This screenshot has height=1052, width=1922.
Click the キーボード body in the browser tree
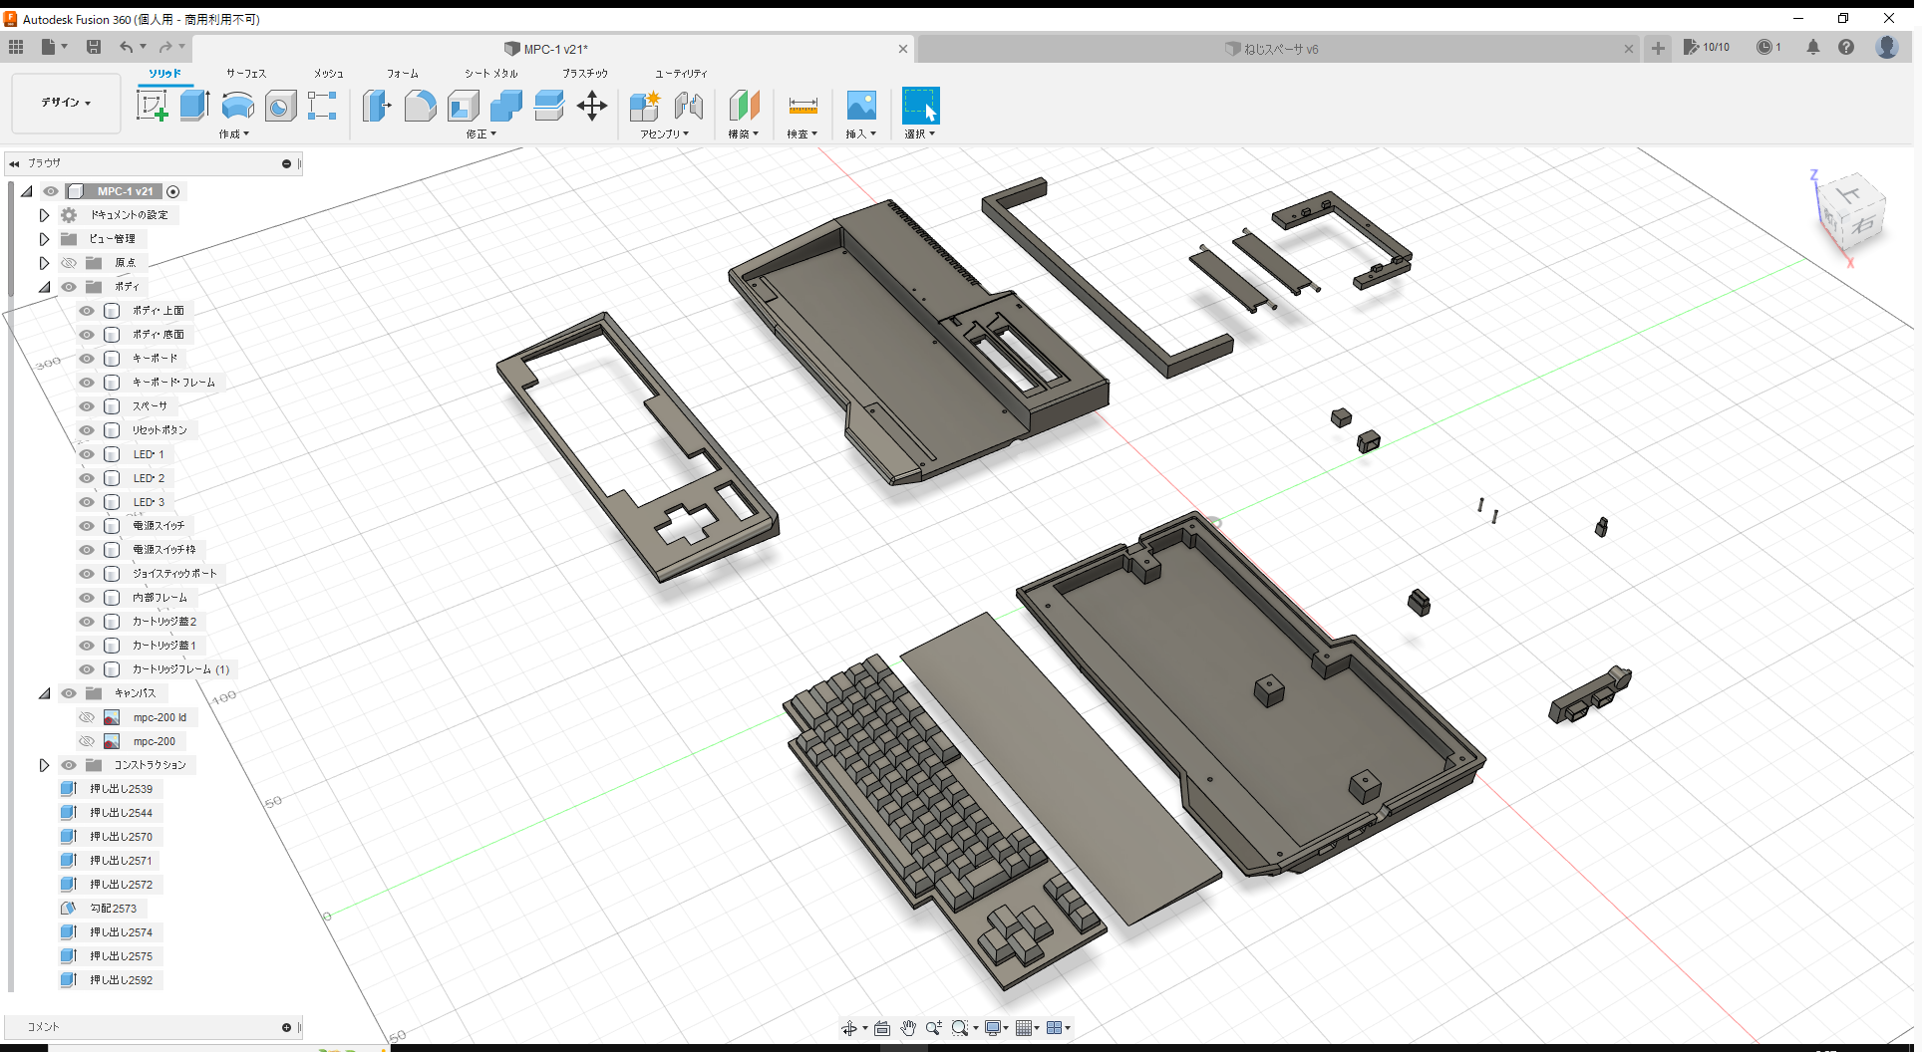pos(155,359)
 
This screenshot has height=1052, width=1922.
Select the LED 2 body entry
pos(149,478)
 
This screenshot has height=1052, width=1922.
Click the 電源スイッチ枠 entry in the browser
pos(163,550)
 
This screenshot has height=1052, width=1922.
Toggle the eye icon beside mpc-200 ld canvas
pos(87,717)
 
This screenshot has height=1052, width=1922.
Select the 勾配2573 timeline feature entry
pos(113,909)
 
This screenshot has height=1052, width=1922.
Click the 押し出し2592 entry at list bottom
pos(121,980)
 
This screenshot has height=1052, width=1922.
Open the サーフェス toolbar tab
pos(245,74)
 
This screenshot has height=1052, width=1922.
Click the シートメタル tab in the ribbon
pos(490,74)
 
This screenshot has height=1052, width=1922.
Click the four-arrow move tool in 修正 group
pos(592,106)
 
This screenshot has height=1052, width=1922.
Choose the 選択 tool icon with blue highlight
pos(920,106)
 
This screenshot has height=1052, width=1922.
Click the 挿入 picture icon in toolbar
pos(860,106)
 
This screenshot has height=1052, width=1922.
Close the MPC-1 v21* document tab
pos(903,49)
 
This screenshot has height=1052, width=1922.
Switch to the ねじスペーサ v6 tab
pos(1281,49)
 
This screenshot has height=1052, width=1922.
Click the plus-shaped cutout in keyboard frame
pos(685,524)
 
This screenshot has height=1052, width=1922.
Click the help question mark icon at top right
pos(1846,47)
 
